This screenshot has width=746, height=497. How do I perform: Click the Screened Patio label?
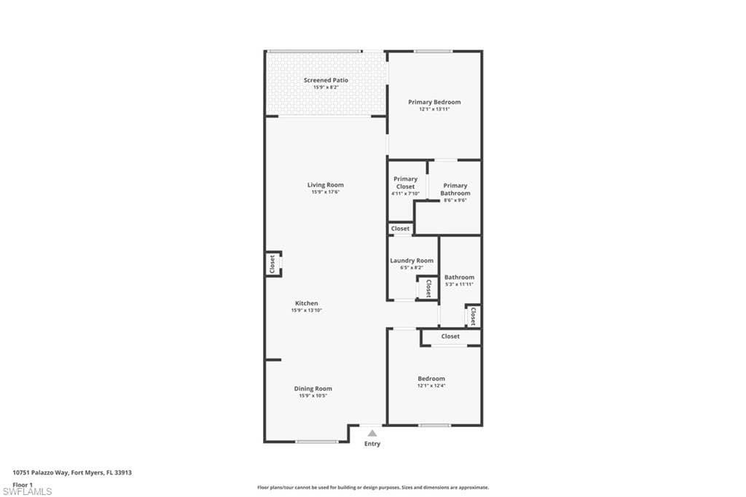(326, 80)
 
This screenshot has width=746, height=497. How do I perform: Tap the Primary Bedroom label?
(434, 102)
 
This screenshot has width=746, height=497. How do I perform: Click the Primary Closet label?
(406, 182)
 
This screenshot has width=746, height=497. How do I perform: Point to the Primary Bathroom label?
(455, 189)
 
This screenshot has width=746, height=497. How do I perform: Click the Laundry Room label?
(412, 260)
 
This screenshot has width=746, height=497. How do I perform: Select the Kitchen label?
(306, 303)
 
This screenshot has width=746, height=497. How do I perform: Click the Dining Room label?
(313, 388)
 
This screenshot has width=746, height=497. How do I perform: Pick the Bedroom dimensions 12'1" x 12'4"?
(431, 386)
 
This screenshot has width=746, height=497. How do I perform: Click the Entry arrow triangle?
(372, 433)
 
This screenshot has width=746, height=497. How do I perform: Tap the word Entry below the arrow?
(372, 444)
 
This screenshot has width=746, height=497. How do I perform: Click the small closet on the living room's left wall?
(272, 263)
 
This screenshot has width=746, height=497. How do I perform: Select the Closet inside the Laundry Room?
(428, 287)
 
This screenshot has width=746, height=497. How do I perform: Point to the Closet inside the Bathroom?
(473, 316)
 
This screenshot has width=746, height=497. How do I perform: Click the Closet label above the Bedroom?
(450, 337)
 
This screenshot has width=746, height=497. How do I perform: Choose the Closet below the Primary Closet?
(401, 229)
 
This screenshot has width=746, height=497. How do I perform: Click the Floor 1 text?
(23, 484)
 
